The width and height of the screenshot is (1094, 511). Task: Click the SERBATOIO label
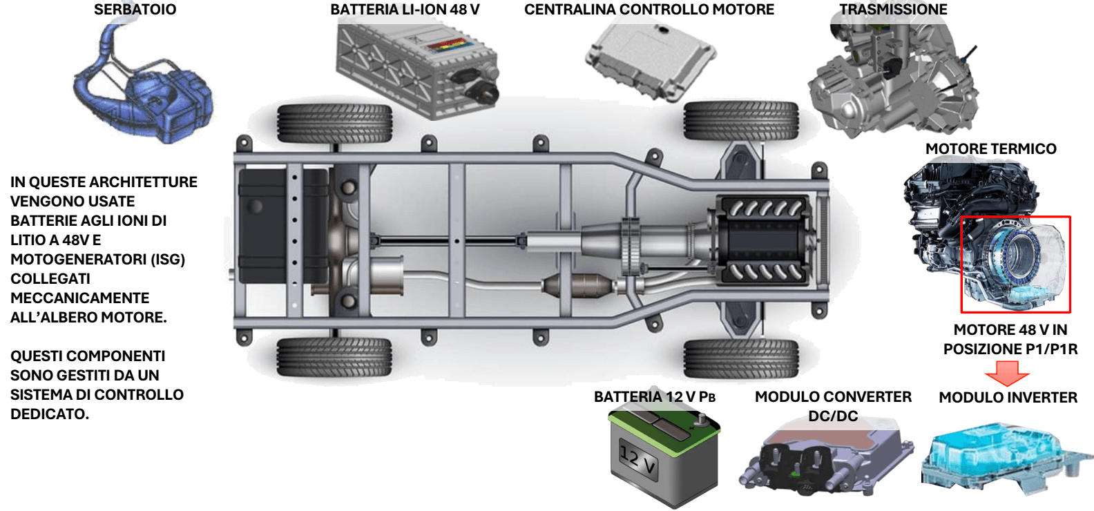pos(135,10)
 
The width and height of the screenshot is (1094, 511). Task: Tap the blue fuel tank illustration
pos(142,90)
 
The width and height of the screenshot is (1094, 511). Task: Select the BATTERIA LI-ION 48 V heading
pos(405,10)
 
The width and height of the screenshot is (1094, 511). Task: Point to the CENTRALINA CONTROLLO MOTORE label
pos(649,10)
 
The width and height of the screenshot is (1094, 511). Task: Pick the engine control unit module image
pos(649,59)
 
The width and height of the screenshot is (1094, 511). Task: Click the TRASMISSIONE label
pos(893,10)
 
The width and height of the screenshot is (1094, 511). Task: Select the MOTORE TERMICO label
pos(990,149)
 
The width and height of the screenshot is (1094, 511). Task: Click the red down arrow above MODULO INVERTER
pos(1007,373)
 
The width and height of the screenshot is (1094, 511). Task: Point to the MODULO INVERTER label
pos(1008,398)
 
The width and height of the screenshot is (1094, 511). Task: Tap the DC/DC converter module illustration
pos(825,456)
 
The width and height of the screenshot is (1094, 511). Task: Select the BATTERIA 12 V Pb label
pos(654,397)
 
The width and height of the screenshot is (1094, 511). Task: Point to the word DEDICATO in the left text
pos(49,414)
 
